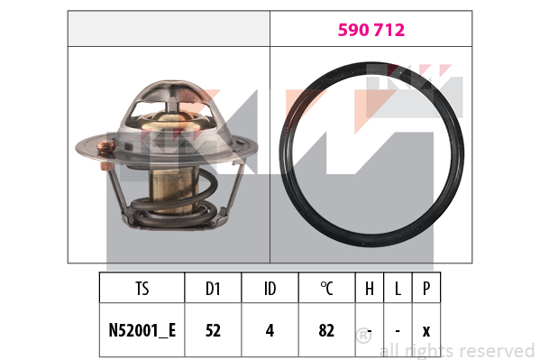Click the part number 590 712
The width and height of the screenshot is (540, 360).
tap(371, 30)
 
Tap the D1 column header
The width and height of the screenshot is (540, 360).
tap(213, 289)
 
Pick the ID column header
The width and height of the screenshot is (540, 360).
tap(270, 289)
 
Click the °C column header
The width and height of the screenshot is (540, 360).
tap(326, 289)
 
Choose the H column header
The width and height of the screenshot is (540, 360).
tap(370, 289)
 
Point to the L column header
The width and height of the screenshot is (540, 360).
tap(398, 289)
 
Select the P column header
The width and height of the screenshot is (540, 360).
tap(426, 289)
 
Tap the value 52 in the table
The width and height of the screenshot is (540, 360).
tap(213, 330)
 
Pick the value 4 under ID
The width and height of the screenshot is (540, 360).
tap(270, 330)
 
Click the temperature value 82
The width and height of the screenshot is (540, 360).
tap(326, 330)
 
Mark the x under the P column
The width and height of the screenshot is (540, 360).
tap(426, 330)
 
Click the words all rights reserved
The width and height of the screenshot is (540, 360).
tap(457, 350)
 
